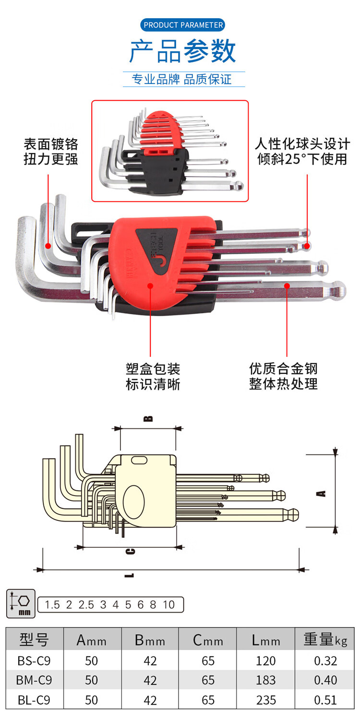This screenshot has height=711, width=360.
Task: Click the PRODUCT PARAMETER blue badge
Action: tap(183, 25)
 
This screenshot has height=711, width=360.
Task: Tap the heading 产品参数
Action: tap(183, 52)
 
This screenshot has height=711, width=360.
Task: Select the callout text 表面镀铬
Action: tap(51, 144)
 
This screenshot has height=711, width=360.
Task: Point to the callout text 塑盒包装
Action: tap(153, 369)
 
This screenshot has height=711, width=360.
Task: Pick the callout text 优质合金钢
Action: tap(283, 369)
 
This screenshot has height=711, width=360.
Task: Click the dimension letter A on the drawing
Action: tap(323, 492)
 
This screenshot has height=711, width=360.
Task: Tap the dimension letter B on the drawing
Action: tap(149, 418)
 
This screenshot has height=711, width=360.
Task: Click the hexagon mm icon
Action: tap(21, 604)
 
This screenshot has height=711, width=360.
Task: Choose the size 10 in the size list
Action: tap(168, 604)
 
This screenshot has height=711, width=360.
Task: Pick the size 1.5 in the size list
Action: tap(52, 604)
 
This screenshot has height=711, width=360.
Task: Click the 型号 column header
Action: tap(34, 640)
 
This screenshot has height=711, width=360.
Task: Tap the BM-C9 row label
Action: tap(34, 680)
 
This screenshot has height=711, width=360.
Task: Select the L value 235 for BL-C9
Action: tap(265, 700)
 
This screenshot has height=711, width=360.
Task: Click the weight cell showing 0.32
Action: tap(325, 661)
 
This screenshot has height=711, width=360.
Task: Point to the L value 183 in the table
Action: tap(265, 680)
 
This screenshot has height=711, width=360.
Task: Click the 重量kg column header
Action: tap(325, 640)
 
